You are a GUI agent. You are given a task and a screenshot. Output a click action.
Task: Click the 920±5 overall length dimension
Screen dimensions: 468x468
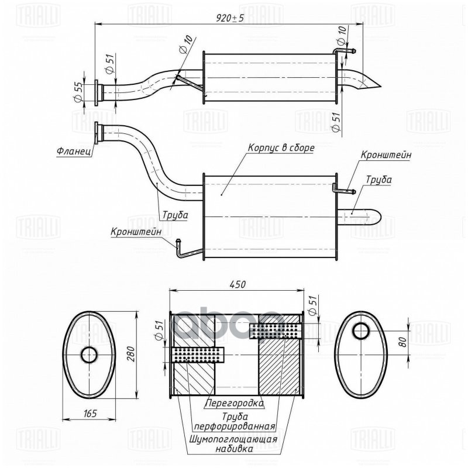228,18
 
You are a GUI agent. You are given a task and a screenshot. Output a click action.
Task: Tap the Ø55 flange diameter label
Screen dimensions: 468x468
77,92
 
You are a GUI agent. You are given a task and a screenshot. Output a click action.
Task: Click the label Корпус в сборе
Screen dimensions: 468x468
281,149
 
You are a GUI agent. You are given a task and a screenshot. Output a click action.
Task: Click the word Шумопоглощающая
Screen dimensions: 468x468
233,439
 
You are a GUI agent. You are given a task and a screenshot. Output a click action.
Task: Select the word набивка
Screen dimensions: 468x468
233,450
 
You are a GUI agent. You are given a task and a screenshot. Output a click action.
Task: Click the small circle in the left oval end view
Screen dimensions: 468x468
90,354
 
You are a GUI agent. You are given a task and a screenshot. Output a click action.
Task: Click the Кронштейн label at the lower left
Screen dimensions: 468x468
136,232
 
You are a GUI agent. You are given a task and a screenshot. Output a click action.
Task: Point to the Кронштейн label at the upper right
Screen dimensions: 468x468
386,156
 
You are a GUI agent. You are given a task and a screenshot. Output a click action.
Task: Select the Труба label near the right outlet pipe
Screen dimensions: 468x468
379,180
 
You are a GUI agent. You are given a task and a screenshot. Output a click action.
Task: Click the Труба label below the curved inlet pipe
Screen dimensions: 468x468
175,215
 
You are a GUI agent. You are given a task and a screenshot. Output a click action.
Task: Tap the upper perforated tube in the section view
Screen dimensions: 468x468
274,331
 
